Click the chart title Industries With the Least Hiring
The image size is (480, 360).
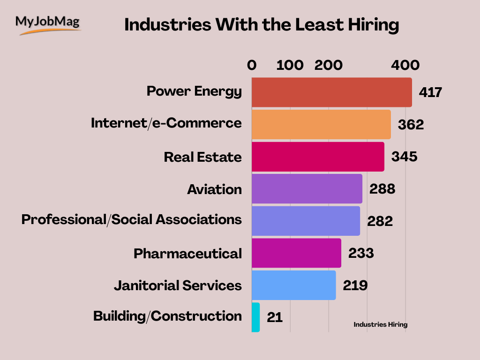coord(262,25)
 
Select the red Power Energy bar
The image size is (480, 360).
coord(331,92)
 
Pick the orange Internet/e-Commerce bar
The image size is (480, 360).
coord(321,124)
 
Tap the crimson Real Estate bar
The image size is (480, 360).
coord(318,157)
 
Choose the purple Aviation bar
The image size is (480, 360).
coord(307,188)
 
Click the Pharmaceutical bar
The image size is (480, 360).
coord(296,253)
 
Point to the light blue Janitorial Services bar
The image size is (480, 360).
coord(293,285)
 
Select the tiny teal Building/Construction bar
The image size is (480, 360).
coord(255,317)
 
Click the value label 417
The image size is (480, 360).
coord(431,92)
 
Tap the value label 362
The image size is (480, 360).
coord(411,125)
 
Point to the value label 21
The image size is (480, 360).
coord(275,317)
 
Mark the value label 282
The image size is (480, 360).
coord(380,221)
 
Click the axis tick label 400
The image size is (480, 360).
coord(405,66)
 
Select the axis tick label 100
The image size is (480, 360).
coord(290,66)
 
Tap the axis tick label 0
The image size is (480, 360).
coord(252,66)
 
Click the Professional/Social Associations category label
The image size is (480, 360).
coord(132,219)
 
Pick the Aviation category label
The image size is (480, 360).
coord(215,189)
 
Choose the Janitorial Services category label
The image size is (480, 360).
coord(178,285)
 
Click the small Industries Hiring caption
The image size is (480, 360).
coord(380,324)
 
